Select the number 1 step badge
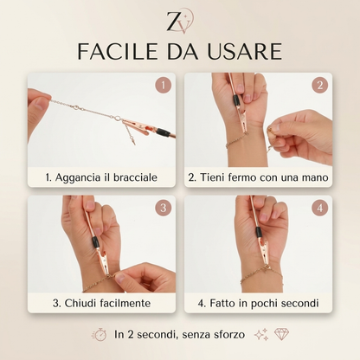160,86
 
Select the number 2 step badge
318,86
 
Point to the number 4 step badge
318,209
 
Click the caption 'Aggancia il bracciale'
101,177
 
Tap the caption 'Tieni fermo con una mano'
259,177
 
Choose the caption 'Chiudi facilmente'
101,302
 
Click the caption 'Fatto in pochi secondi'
259,302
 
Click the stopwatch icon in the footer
99,334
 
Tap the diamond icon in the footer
281,334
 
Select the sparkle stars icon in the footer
260,334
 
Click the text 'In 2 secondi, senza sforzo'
181,334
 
